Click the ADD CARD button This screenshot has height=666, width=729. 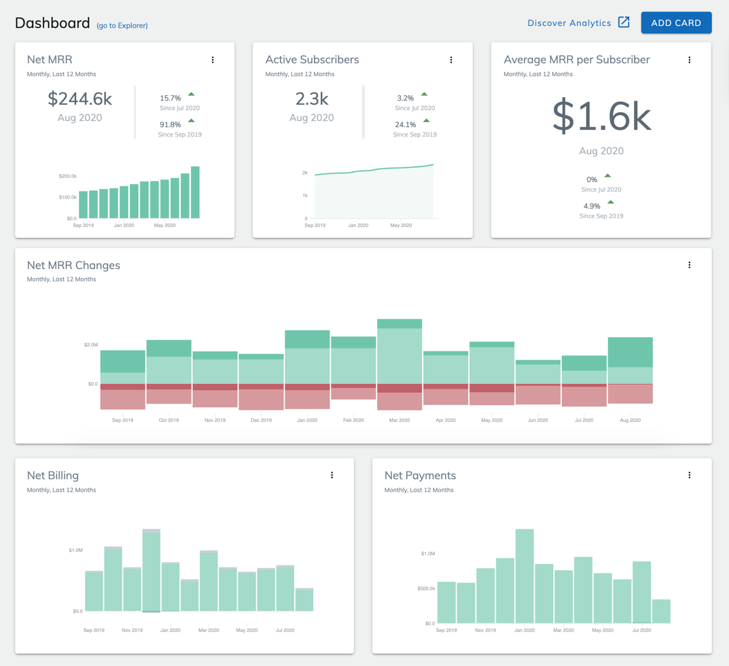(676, 23)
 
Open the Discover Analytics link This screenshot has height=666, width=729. (577, 23)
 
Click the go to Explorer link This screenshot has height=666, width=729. (122, 26)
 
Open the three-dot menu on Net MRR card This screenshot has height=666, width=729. (213, 60)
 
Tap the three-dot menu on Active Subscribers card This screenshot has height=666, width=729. (451, 60)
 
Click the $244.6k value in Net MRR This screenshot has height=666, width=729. (79, 99)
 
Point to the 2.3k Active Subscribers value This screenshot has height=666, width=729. (312, 99)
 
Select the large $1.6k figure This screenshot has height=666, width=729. (601, 116)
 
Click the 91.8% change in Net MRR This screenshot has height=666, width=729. (171, 125)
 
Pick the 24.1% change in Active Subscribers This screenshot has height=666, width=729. (406, 125)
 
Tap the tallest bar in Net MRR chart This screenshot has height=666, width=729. (195, 192)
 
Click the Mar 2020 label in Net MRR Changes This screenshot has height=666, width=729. (399, 421)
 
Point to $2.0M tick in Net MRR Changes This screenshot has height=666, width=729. (90, 345)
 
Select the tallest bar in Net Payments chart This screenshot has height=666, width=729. (524, 576)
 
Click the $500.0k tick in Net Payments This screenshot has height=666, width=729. (426, 589)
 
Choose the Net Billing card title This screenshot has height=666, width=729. (53, 476)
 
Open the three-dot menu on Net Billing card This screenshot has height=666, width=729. (332, 476)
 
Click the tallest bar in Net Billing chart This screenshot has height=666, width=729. (152, 570)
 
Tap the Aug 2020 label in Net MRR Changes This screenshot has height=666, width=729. (630, 421)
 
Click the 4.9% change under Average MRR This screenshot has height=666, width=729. (592, 207)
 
